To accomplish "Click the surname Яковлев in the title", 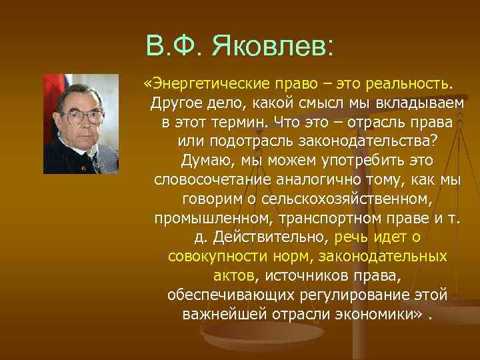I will point(274,46).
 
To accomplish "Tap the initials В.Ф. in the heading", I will point(175,46).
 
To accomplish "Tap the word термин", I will point(241,123).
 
